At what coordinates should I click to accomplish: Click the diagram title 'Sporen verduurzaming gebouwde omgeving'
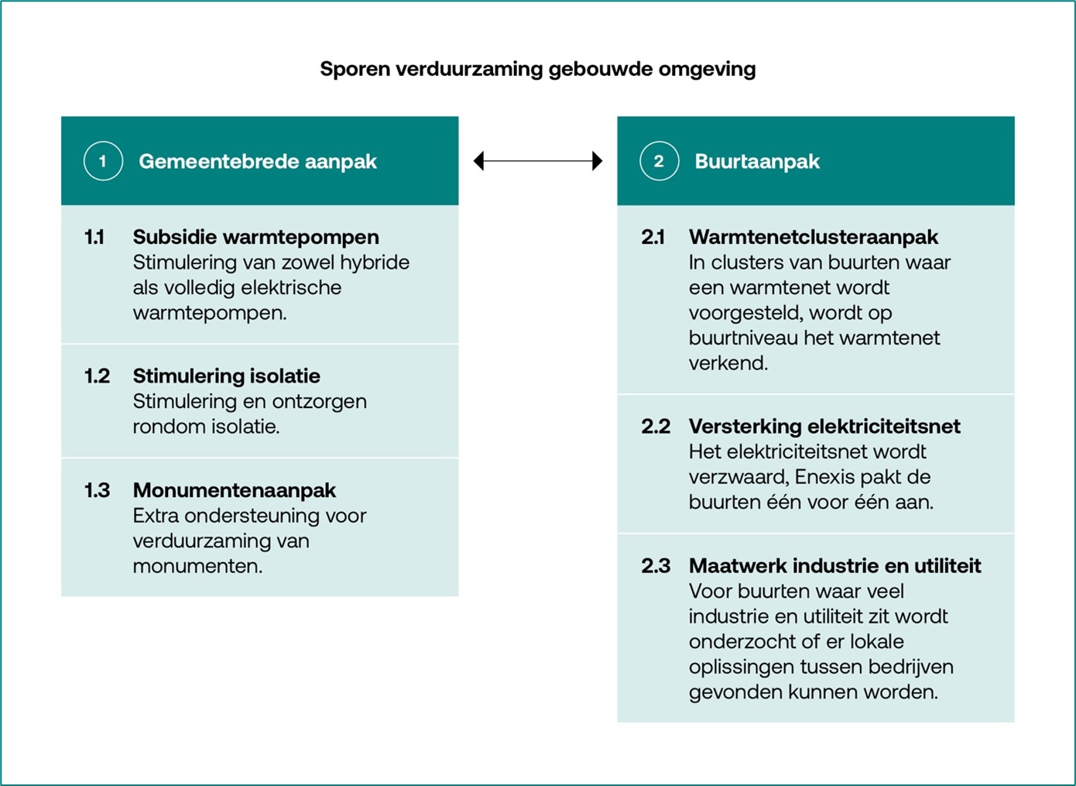click(x=538, y=69)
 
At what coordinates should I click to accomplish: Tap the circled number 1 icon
click(x=103, y=161)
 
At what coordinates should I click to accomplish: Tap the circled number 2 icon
click(x=659, y=161)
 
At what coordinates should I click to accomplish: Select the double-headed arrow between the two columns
click(x=538, y=161)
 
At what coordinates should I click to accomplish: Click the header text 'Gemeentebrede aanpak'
click(x=258, y=161)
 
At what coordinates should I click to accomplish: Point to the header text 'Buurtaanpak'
click(x=757, y=161)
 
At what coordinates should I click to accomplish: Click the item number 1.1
click(x=94, y=237)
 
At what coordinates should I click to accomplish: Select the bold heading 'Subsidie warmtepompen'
click(x=256, y=237)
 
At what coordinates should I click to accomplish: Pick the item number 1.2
click(x=97, y=376)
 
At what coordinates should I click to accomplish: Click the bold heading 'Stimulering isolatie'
click(x=226, y=376)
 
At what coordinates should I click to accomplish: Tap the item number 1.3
click(x=97, y=490)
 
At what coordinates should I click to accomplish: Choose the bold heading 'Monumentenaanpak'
click(x=235, y=490)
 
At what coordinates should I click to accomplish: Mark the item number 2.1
click(x=653, y=237)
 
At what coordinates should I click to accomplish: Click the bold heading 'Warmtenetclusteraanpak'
click(x=814, y=237)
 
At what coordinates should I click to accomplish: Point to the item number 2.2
click(x=656, y=426)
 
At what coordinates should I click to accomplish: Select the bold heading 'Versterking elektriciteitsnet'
click(x=824, y=427)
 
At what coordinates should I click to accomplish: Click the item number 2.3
click(x=656, y=565)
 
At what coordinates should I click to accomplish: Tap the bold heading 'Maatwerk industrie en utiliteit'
click(x=834, y=566)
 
